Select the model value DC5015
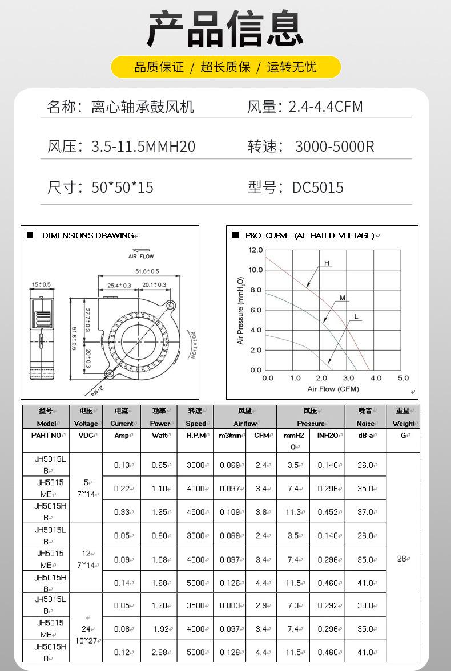click(x=317, y=188)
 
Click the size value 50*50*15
click(x=122, y=188)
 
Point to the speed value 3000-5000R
click(x=335, y=147)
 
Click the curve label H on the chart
click(x=327, y=263)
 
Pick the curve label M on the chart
click(x=343, y=298)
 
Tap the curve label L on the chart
click(x=356, y=316)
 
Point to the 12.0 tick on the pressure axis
click(x=255, y=250)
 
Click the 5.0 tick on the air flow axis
click(x=403, y=378)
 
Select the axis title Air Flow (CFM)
click(x=333, y=389)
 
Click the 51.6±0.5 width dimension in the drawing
click(x=147, y=271)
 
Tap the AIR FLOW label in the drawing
click(x=140, y=257)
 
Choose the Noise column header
click(x=365, y=424)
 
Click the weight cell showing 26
click(x=402, y=559)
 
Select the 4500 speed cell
click(x=196, y=512)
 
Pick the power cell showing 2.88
click(x=159, y=652)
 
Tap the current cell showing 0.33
click(x=122, y=512)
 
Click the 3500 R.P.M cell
click(x=196, y=605)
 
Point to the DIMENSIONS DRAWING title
click(x=88, y=235)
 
